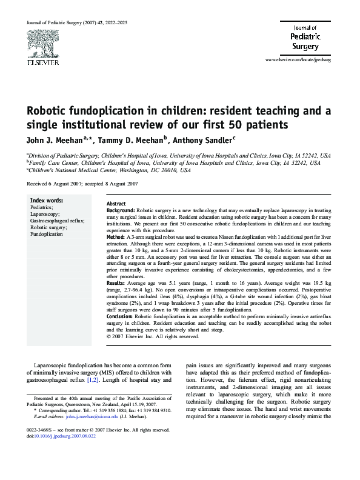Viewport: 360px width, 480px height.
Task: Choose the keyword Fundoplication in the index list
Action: pos(47,233)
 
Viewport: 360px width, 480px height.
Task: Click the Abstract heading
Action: pos(116,204)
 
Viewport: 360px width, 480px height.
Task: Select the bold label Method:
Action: pos(116,236)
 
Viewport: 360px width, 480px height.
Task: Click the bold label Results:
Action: pos(117,283)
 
